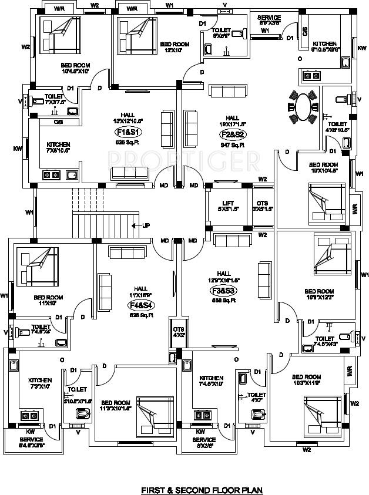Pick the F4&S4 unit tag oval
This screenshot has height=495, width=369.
click(140, 305)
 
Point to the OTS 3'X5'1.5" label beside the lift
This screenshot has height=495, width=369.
click(263, 206)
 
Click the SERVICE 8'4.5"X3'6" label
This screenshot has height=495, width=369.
click(31, 442)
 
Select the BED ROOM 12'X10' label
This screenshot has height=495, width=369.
click(175, 47)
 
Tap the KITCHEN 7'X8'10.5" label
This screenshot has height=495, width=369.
click(59, 147)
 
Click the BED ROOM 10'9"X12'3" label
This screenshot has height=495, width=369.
click(318, 295)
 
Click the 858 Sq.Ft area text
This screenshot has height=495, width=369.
click(224, 300)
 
